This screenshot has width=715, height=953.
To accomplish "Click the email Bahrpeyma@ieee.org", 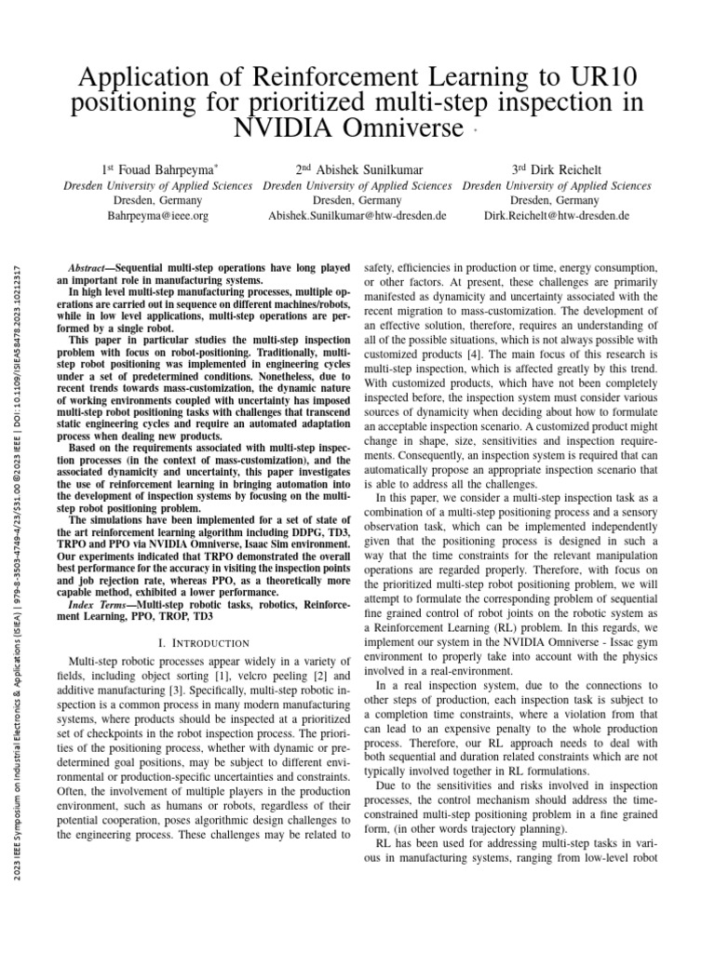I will click(158, 215).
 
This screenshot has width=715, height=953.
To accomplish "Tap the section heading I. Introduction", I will click(203, 642).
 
